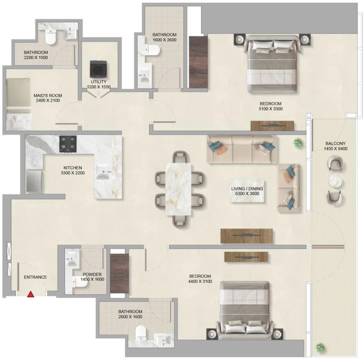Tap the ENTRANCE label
point(35,277)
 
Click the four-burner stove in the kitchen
point(68,144)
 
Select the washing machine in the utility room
point(98,69)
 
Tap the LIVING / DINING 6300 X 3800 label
point(247,191)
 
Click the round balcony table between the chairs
point(335,180)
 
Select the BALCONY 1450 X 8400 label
point(336,146)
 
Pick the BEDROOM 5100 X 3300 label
point(270,106)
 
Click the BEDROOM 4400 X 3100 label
point(200,279)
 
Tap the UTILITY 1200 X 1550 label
point(98,84)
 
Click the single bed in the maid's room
point(18,103)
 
